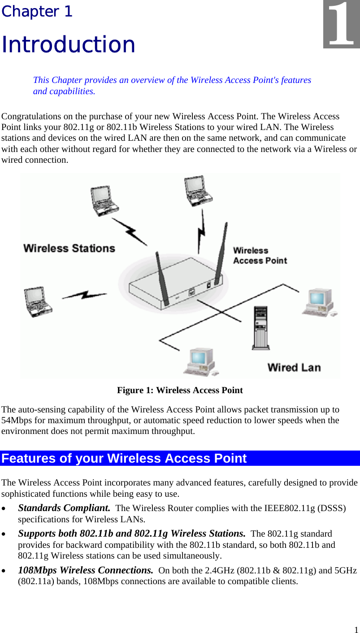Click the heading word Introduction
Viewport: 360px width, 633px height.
click(68, 44)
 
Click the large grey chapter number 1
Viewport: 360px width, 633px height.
click(342, 26)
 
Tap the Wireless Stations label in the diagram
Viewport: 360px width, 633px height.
click(69, 248)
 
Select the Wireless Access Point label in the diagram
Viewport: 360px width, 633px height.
click(260, 256)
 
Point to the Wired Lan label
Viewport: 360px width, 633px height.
click(294, 368)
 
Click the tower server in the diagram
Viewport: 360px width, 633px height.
click(260, 327)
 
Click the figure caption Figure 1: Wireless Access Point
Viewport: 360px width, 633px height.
click(180, 390)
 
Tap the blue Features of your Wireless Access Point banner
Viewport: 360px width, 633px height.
click(180, 458)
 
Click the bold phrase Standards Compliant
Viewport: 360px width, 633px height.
click(64, 508)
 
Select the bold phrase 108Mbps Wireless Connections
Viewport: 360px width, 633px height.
click(86, 571)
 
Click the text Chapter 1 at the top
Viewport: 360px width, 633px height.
click(37, 12)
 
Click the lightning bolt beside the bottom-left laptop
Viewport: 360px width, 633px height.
click(84, 296)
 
